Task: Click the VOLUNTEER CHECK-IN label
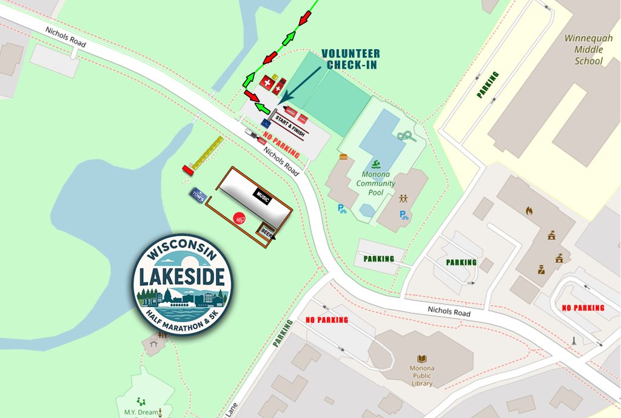pos(351,59)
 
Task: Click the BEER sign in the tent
pos(266,231)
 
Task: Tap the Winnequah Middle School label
pos(588,49)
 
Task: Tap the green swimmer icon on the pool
pos(377,164)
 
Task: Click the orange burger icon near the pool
pos(344,157)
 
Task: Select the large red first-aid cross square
pos(266,82)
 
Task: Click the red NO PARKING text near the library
pos(327,320)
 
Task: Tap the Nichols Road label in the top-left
pos(65,38)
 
